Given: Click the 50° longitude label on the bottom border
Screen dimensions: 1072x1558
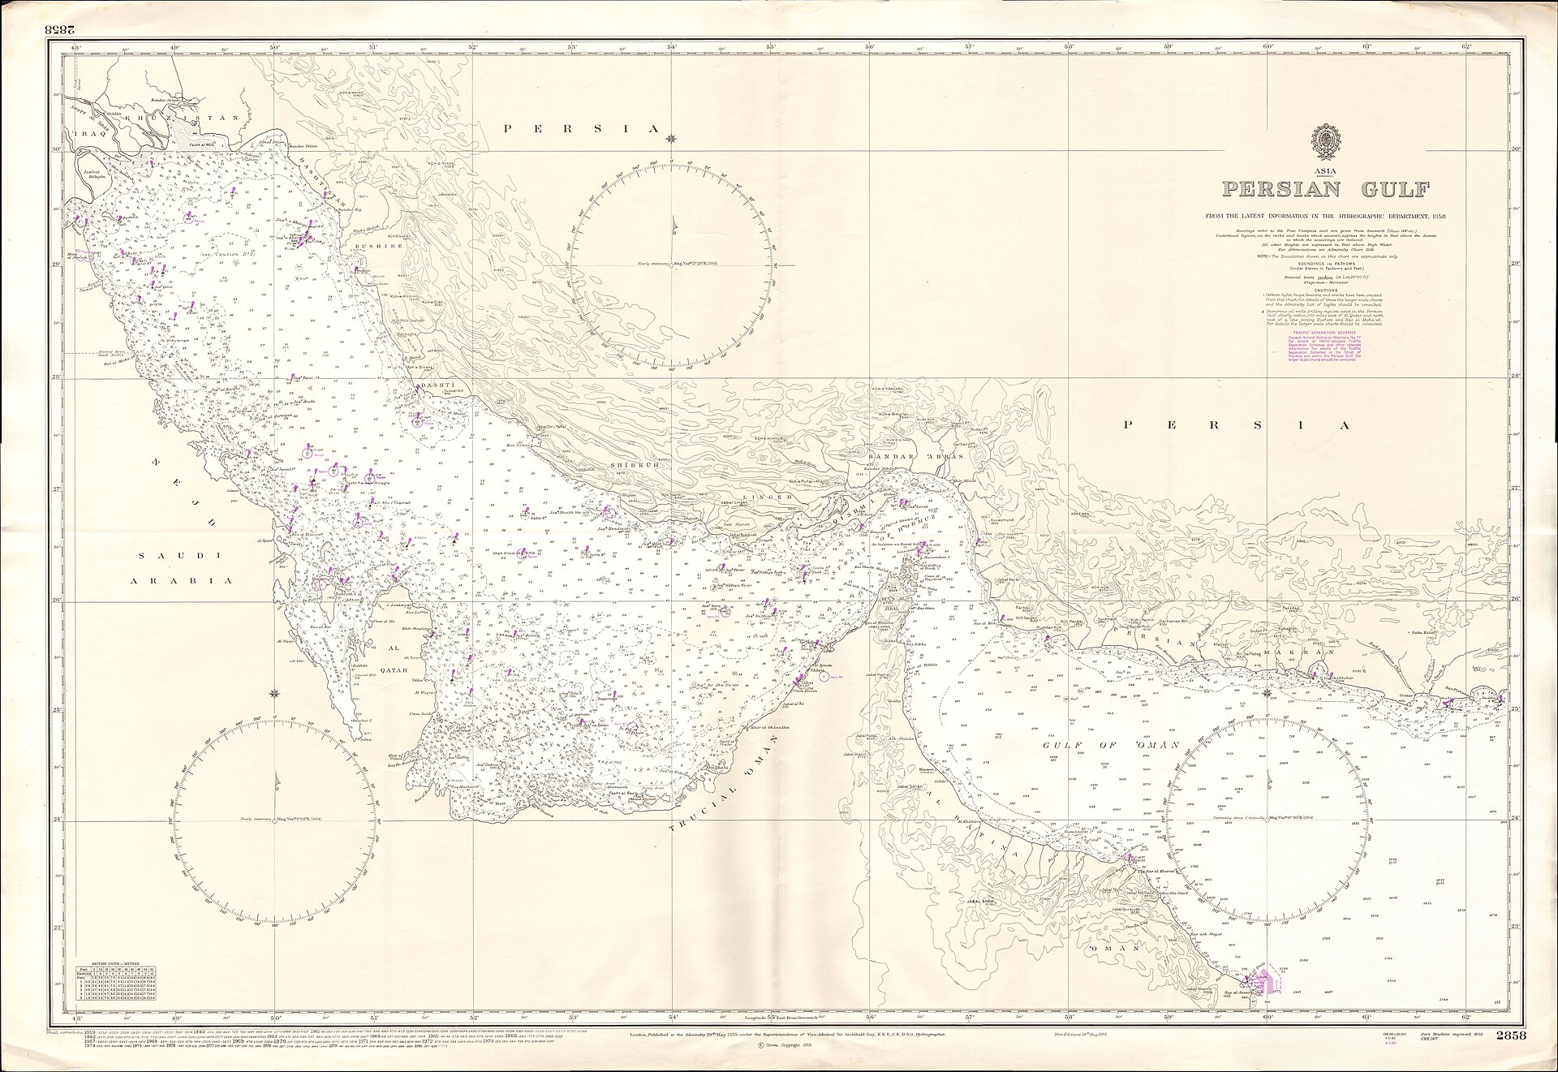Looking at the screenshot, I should (275, 1018).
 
